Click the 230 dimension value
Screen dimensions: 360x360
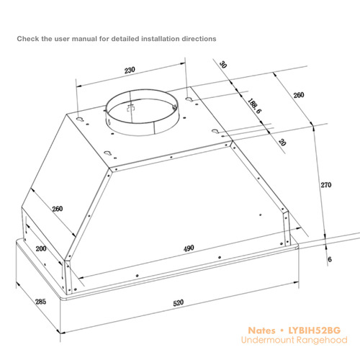click(130, 70)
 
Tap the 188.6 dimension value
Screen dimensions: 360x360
click(254, 106)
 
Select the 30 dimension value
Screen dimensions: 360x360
click(223, 65)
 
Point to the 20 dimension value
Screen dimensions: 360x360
click(282, 143)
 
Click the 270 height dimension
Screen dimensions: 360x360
click(326, 185)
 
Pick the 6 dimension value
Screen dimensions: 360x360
click(330, 259)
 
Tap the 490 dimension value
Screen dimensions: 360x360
click(189, 248)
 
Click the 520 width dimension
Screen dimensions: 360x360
click(179, 303)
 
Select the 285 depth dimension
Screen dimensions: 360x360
click(40, 302)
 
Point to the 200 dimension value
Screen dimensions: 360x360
click(41, 248)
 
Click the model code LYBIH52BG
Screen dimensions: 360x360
click(315, 330)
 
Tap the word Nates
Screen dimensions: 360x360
click(261, 330)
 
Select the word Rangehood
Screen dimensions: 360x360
click(322, 340)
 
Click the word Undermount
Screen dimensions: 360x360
click(268, 340)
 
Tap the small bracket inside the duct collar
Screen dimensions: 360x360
click(131, 108)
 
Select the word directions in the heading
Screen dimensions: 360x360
click(199, 39)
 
